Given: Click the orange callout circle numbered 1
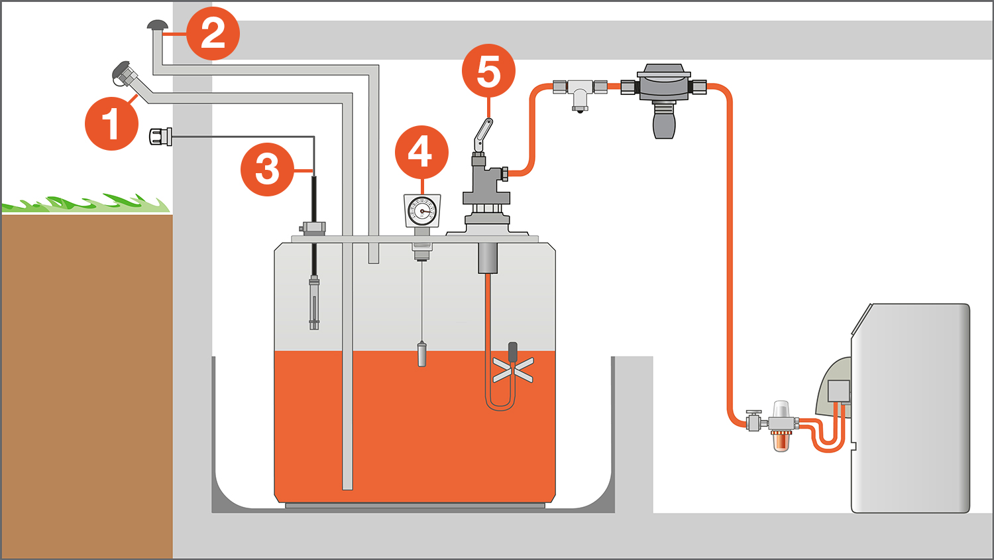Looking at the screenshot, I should [x=111, y=123].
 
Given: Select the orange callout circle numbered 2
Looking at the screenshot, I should [x=213, y=33].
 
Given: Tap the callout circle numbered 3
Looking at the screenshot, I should [x=267, y=169].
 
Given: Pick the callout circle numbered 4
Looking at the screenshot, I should [x=421, y=152].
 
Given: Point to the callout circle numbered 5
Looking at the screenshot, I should [x=488, y=71].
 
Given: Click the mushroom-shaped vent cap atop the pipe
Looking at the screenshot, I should [x=158, y=26].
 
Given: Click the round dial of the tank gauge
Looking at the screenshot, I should [x=422, y=212].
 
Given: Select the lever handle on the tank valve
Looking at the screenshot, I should [x=483, y=135].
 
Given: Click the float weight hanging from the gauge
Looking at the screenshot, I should [x=421, y=354].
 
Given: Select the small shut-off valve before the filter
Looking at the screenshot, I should [x=753, y=420].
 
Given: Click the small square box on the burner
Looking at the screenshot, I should [x=838, y=391].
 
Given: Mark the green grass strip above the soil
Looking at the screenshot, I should [x=86, y=204].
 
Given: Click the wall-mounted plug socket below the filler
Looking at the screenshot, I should [x=160, y=137].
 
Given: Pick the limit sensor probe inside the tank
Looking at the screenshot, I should [x=314, y=303].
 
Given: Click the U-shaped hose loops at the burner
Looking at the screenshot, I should [x=828, y=435].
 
